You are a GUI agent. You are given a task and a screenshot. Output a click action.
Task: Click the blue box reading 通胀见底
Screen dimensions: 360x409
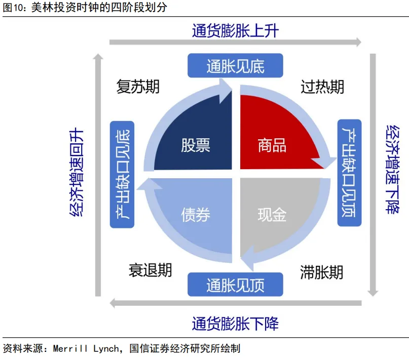pyautogui.click(x=235, y=66)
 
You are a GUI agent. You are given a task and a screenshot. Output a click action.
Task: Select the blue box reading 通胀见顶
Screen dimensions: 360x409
pyautogui.click(x=235, y=285)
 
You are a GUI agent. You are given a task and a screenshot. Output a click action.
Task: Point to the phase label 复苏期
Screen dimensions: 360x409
pyautogui.click(x=138, y=87)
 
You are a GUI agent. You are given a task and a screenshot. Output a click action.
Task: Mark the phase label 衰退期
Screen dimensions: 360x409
pyautogui.click(x=150, y=270)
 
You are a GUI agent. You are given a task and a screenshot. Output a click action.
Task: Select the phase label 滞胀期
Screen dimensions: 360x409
pyautogui.click(x=321, y=272)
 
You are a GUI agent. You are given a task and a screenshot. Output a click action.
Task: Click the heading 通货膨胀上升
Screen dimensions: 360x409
pyautogui.click(x=235, y=31)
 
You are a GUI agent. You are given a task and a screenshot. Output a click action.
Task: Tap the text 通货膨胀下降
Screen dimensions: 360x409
pyautogui.click(x=235, y=323)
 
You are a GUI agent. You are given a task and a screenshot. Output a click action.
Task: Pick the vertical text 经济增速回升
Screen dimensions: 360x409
pyautogui.click(x=76, y=173)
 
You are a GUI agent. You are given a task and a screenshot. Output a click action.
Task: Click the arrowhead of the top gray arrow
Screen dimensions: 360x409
pyautogui.click(x=358, y=42)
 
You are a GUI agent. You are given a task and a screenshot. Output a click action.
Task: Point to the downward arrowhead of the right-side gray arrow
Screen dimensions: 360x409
pyautogui.click(x=373, y=292)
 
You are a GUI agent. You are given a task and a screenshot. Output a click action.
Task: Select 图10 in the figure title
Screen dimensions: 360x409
pyautogui.click(x=10, y=8)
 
